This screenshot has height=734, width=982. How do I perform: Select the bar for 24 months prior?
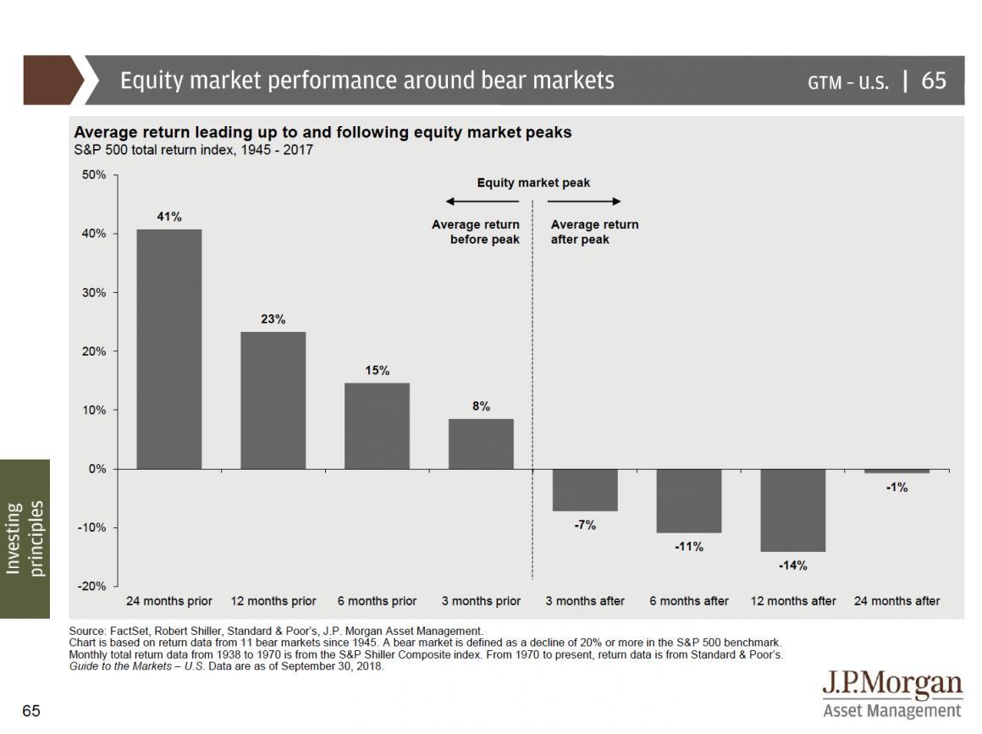click(x=169, y=349)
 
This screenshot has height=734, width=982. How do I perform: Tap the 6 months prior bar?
click(x=377, y=425)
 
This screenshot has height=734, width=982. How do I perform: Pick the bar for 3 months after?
click(x=585, y=489)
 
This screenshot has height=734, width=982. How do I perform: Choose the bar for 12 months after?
click(x=792, y=510)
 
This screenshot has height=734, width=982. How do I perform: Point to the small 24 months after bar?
click(x=896, y=471)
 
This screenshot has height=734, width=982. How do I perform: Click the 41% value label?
click(x=169, y=217)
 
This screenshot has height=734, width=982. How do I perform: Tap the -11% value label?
click(x=689, y=547)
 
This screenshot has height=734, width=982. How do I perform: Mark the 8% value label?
click(x=481, y=406)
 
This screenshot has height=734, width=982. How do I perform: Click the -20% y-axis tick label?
click(x=92, y=586)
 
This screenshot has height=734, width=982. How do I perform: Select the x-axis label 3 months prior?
click(x=481, y=601)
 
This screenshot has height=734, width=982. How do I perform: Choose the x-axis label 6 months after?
click(x=689, y=601)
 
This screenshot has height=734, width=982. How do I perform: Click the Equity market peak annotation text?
click(x=533, y=183)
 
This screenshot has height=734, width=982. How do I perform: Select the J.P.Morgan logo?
click(x=892, y=694)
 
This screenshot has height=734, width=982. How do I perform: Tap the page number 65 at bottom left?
click(x=31, y=710)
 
